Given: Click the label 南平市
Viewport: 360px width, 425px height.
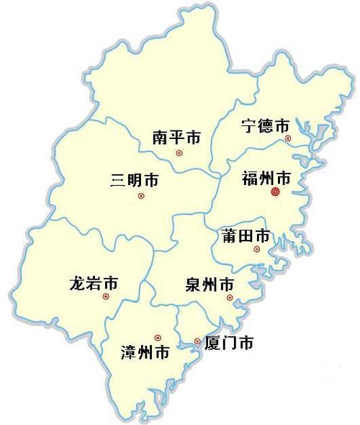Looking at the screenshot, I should (x=176, y=137).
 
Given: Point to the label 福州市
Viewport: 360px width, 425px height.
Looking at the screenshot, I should (x=267, y=176).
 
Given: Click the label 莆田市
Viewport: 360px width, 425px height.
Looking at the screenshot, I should (x=244, y=236).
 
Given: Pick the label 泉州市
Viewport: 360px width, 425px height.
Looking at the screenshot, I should (x=210, y=282).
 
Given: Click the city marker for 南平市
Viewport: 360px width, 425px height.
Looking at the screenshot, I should (x=180, y=153).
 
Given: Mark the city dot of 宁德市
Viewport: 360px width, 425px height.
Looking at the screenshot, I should (x=288, y=138).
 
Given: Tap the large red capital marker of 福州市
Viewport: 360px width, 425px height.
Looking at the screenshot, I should (x=274, y=192).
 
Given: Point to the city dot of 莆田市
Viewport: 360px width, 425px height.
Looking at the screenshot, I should (x=256, y=249).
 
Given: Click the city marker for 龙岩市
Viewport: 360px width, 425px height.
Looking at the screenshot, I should (x=106, y=296).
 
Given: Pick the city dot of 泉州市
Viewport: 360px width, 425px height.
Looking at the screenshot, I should (x=230, y=297).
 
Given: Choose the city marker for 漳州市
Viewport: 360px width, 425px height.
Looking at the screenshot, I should (x=158, y=337).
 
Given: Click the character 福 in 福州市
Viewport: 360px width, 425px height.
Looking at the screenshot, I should (x=251, y=176).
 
